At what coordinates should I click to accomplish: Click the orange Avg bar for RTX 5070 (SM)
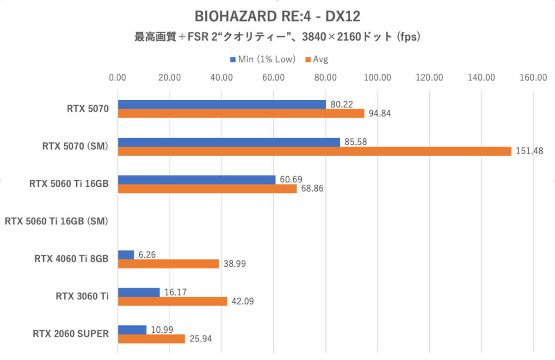[x=314, y=151]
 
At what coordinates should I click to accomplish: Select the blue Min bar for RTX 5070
[x=222, y=104]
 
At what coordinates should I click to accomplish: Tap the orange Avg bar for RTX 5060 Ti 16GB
[x=207, y=189]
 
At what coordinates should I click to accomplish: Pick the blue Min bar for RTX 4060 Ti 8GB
[x=126, y=255]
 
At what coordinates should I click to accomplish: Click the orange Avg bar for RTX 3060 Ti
[x=173, y=301]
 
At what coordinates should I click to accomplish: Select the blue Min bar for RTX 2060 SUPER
[x=132, y=329]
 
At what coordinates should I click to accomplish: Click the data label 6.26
[x=147, y=255]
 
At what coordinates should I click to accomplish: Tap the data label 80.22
[x=342, y=104]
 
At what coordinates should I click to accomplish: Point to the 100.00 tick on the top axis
[x=377, y=78]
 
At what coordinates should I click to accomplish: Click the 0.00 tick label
[x=118, y=78]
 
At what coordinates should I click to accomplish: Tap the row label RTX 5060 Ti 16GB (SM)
[x=56, y=221]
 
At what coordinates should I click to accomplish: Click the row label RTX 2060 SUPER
[x=71, y=334]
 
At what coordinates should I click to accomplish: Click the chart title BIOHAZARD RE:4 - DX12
[x=277, y=17]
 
